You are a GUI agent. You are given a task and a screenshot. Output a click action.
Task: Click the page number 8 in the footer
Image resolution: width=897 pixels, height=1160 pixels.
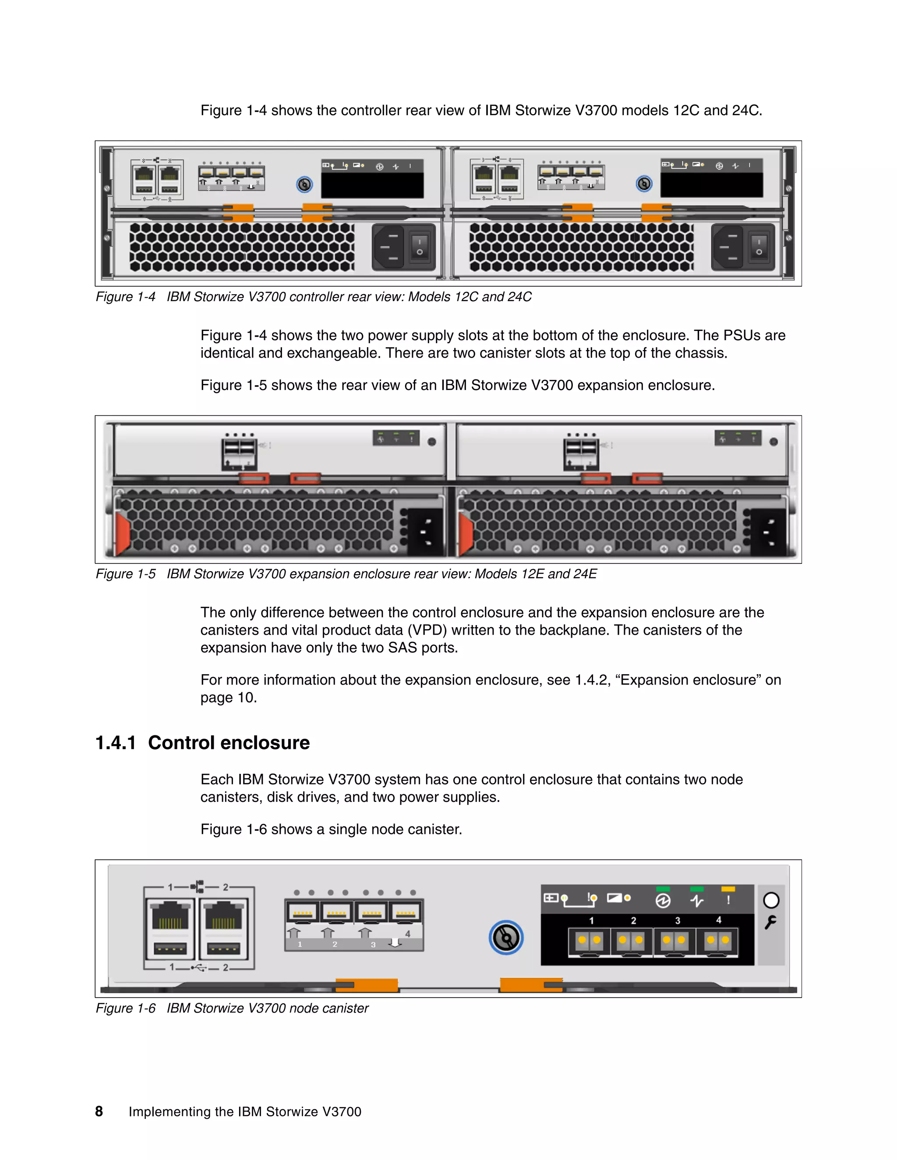[x=99, y=1111]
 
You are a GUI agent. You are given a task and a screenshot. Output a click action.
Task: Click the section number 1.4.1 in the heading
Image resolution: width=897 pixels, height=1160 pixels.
[x=115, y=742]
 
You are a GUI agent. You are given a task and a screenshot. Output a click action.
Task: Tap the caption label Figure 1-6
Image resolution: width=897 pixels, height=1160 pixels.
[x=125, y=1008]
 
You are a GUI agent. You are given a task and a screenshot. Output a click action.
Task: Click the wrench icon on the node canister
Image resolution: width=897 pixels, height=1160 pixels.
[x=770, y=923]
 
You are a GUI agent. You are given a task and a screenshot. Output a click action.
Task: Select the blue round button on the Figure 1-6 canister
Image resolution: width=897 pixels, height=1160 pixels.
[x=506, y=938]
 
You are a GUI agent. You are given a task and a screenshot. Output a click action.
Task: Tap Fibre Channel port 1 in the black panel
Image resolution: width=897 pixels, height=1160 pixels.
[x=590, y=941]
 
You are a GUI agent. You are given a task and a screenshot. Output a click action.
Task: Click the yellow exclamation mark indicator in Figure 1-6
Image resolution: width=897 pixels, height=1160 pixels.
[x=728, y=900]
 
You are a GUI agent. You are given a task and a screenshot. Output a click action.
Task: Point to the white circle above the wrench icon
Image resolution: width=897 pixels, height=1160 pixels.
[x=770, y=900]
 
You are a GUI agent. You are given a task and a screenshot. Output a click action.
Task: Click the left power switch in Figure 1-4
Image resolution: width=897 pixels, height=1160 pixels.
[x=420, y=246]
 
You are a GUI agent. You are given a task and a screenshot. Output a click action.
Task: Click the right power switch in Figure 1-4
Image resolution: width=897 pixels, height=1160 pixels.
[x=759, y=246]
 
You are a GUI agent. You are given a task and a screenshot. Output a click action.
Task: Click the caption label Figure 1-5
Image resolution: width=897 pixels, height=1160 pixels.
[x=125, y=573]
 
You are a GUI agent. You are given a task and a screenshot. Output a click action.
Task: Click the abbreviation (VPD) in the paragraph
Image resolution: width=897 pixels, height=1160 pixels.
[x=427, y=630]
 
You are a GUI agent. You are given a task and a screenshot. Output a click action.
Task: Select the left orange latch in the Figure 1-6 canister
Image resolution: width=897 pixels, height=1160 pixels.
[x=367, y=985]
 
